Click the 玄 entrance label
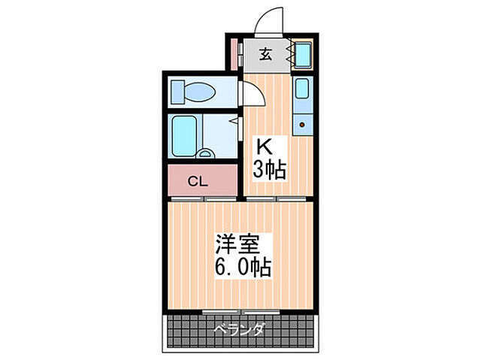pyautogui.click(x=265, y=54)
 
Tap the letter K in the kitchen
pyautogui.click(x=265, y=147)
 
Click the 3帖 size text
pyautogui.click(x=269, y=171)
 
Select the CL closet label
pyautogui.click(x=198, y=181)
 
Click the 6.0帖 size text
pyautogui.click(x=243, y=267)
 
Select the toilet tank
pyautogui.click(x=178, y=92)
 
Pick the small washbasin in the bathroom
pyautogui.click(x=205, y=153)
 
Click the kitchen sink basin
pyautogui.click(x=301, y=89)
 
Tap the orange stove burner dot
pyautogui.click(x=304, y=123)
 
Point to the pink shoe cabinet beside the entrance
pyautogui.click(x=233, y=53)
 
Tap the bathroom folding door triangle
pyautogui.click(x=234, y=119)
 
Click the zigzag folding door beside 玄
pyautogui.click(x=287, y=54)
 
